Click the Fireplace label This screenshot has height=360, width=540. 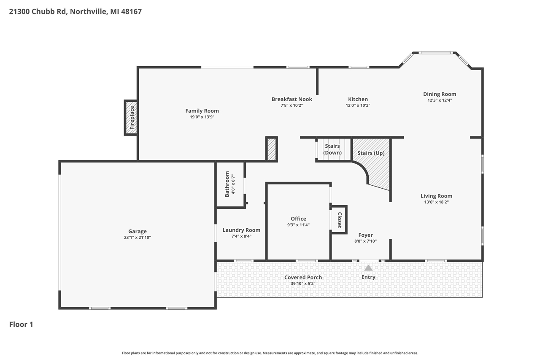click(x=132, y=117)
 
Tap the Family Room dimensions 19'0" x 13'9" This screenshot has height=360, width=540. click(x=202, y=117)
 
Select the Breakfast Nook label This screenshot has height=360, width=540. click(x=292, y=99)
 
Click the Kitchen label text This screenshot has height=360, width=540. click(x=358, y=99)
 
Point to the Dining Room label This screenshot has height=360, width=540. click(x=440, y=94)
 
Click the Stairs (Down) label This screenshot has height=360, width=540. click(x=332, y=149)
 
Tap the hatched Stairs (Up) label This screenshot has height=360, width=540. click(x=371, y=153)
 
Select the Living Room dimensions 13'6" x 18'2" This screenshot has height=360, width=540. click(x=436, y=202)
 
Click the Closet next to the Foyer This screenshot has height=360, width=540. click(x=339, y=219)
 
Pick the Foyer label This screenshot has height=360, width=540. click(x=365, y=235)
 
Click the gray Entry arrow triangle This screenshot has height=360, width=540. click(x=368, y=268)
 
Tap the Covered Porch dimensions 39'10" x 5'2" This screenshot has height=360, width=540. click(x=303, y=284)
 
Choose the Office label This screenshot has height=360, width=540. click(x=298, y=219)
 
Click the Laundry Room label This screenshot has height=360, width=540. click(x=241, y=230)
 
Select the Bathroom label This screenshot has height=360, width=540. click(x=227, y=184)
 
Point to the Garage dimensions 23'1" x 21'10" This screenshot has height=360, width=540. click(x=138, y=238)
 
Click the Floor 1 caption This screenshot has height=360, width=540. click(x=21, y=325)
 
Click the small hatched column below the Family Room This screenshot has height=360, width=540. click(x=272, y=149)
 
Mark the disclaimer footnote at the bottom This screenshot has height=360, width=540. click(x=270, y=353)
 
